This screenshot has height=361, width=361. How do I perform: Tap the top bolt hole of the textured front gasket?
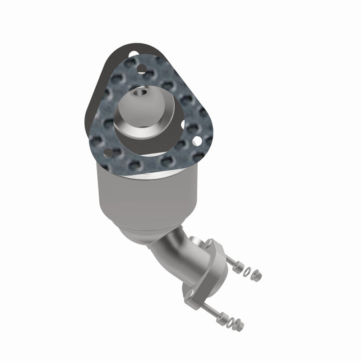pyautogui.click(x=142, y=69)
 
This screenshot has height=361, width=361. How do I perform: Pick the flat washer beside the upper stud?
pyautogui.click(x=246, y=271)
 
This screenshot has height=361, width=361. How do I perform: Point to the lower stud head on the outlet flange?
pyautogui.click(x=188, y=298)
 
